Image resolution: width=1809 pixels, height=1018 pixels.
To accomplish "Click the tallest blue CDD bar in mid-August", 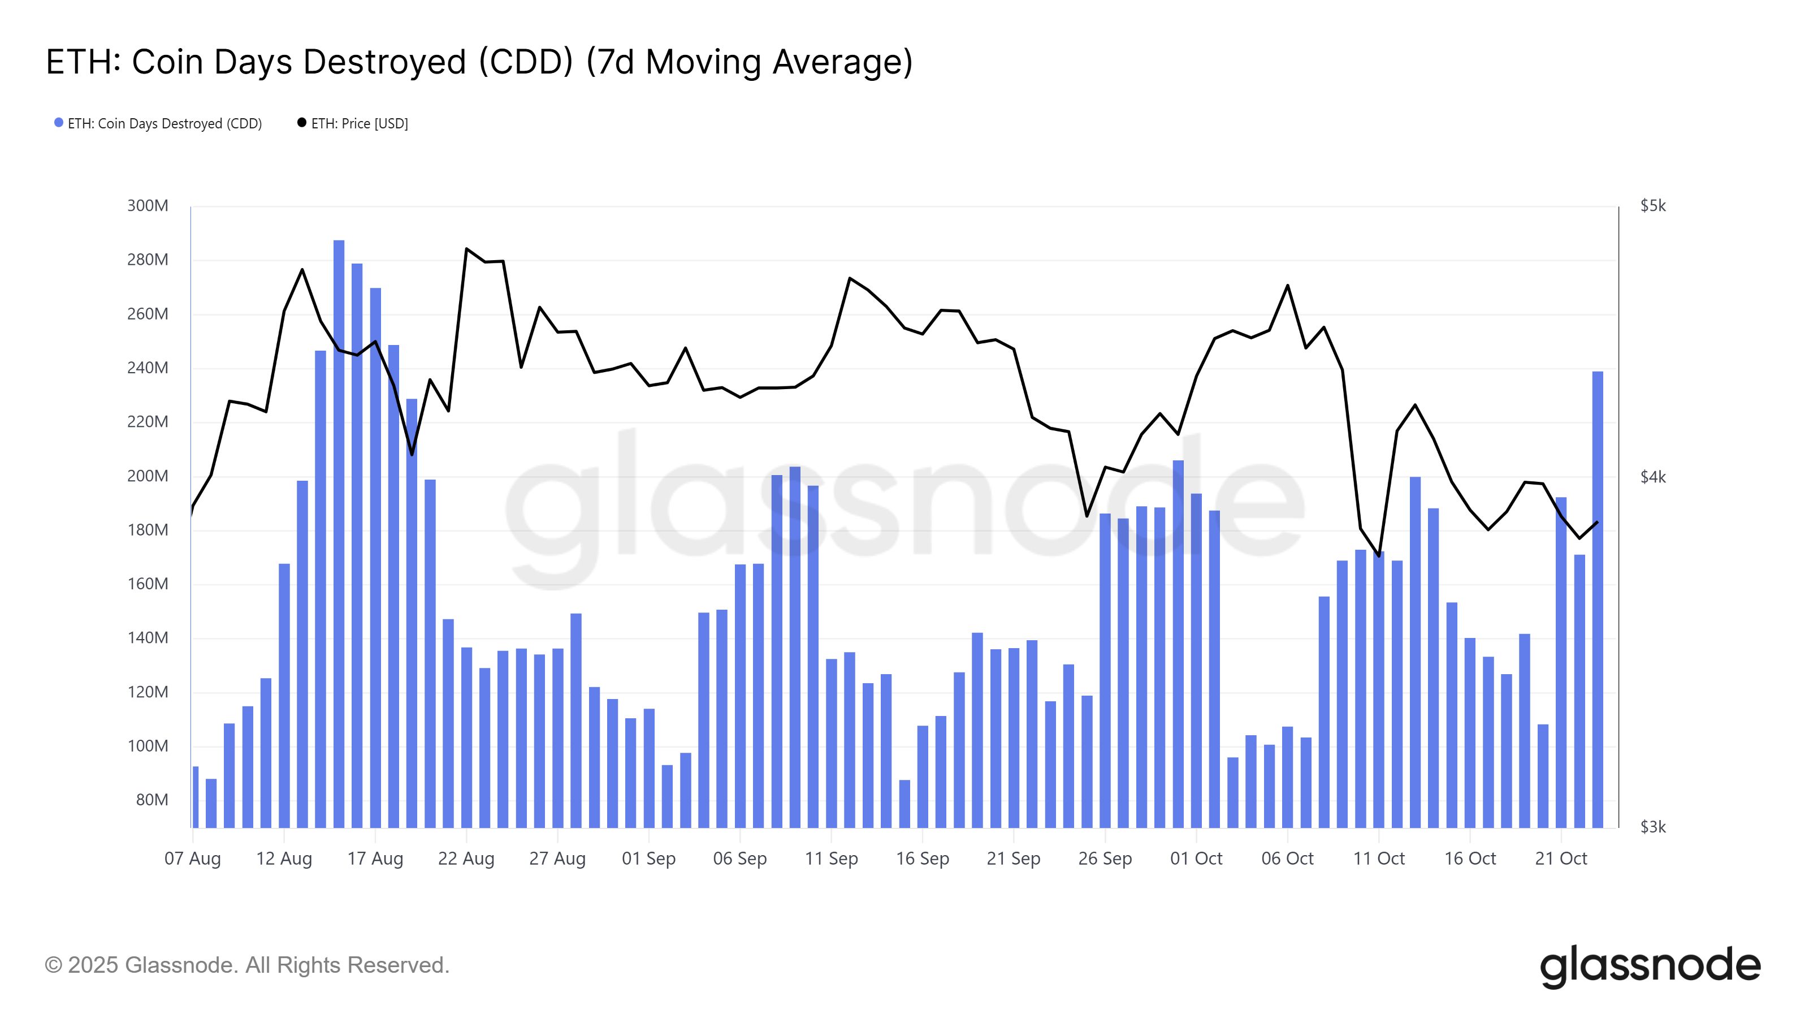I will [x=339, y=534].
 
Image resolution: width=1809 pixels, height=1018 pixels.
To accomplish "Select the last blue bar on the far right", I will [x=1597, y=597].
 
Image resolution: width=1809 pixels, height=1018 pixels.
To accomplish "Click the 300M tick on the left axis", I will [x=148, y=206].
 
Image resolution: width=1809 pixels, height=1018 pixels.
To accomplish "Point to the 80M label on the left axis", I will [x=152, y=800].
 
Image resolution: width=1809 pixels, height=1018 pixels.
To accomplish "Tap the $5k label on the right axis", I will [x=1652, y=206].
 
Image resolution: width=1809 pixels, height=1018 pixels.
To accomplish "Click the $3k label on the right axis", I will [x=1652, y=827].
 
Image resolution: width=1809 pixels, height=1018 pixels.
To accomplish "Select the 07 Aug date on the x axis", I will [x=192, y=859].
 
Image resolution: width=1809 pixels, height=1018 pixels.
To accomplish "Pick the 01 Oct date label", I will [x=1196, y=859].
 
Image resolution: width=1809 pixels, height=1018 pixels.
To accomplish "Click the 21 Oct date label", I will [x=1560, y=859].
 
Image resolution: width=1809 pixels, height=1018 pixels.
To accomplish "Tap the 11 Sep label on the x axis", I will [x=831, y=859].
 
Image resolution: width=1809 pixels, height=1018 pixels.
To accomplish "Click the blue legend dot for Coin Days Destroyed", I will [x=59, y=123].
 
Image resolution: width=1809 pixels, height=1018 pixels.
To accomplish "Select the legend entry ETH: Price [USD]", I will [x=359, y=124].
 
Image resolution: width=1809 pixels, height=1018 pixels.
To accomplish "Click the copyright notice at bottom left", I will [x=246, y=965].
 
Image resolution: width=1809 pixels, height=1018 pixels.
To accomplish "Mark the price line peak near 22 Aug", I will [x=466, y=249].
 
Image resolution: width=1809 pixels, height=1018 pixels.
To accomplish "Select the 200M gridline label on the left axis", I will [x=148, y=476].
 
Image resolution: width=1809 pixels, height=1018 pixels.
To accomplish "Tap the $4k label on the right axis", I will [x=1652, y=477].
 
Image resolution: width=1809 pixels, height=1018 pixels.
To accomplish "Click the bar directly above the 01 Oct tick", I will [x=1196, y=661].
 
